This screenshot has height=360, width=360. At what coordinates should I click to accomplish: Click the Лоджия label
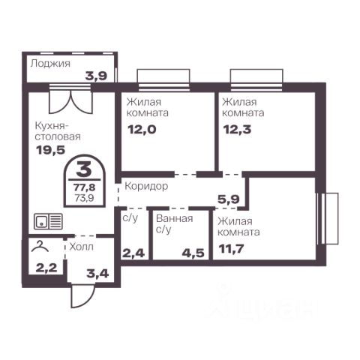[50, 64]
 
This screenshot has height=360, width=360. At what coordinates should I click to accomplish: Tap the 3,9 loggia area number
[96, 76]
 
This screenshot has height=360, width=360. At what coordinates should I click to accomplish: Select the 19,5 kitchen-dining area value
[51, 150]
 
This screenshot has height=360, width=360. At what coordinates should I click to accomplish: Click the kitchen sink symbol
[48, 221]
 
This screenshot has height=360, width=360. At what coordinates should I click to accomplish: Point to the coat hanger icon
[40, 246]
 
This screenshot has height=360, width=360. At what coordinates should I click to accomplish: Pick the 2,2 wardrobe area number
[46, 268]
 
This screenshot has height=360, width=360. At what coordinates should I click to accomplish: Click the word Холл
[82, 247]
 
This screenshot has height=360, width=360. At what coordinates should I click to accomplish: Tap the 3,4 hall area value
[97, 274]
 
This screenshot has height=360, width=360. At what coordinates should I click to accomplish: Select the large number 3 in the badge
[84, 169]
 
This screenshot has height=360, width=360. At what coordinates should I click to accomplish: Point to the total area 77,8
[85, 187]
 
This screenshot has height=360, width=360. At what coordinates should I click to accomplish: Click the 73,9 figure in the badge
[85, 198]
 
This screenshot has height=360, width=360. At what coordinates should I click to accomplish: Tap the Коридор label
[146, 186]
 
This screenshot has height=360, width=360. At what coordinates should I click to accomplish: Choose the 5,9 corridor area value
[229, 199]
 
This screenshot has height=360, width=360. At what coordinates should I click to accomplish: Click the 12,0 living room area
[142, 130]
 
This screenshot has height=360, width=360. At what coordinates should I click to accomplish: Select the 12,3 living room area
[237, 130]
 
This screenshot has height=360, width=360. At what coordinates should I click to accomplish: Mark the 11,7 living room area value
[232, 249]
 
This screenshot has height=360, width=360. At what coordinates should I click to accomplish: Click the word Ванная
[175, 219]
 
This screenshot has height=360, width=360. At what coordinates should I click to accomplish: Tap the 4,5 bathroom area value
[193, 253]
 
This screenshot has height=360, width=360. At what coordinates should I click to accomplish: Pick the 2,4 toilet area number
[133, 253]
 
